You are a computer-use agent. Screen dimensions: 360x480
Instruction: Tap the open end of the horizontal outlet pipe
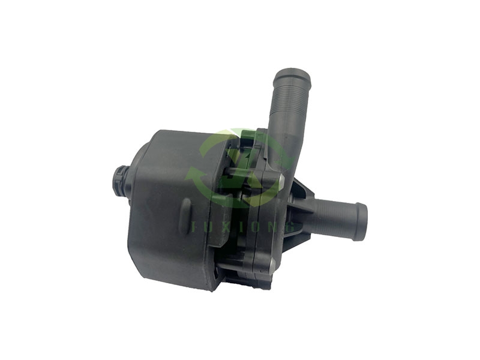362,221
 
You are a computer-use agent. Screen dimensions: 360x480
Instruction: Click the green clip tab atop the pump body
252,134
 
